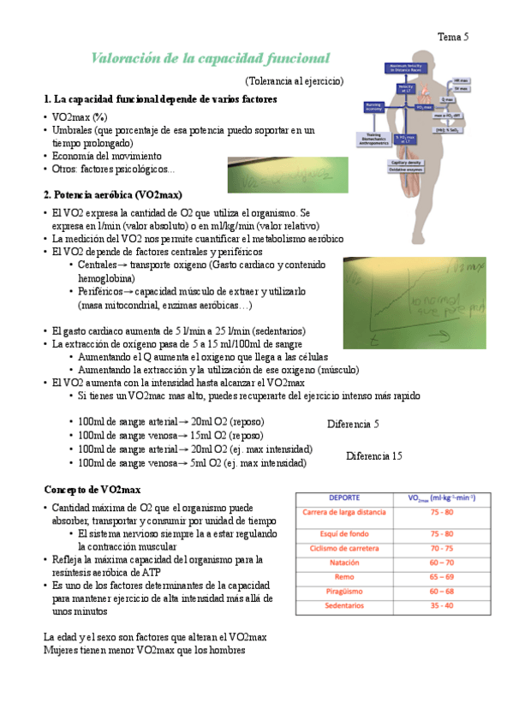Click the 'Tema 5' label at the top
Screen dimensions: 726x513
(x=454, y=37)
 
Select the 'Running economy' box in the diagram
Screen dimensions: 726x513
(x=374, y=107)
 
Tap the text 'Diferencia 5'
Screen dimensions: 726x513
(x=353, y=424)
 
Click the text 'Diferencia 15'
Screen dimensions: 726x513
(x=374, y=456)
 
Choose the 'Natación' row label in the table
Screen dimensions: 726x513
(x=343, y=563)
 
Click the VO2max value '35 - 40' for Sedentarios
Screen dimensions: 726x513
(x=442, y=605)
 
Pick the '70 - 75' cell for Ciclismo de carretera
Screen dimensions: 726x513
(x=442, y=548)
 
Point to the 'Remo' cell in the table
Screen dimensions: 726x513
(x=343, y=577)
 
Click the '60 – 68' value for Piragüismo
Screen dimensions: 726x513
(x=442, y=591)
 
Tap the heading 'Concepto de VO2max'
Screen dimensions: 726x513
(x=92, y=489)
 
